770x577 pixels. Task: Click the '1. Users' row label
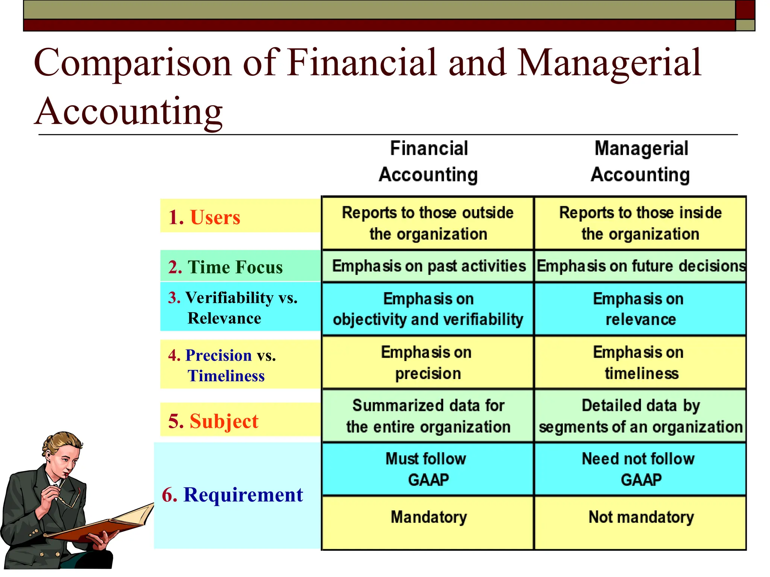point(204,217)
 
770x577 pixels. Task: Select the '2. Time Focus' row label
point(225,267)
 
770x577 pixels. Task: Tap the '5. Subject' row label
point(213,421)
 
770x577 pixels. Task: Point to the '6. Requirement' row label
point(232,494)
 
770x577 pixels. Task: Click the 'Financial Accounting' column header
point(429,162)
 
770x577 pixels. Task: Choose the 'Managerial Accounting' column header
point(641,162)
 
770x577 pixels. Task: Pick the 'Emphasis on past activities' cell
point(429,266)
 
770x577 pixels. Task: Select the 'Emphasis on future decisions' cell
point(641,266)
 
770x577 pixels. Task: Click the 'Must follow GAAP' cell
point(428,469)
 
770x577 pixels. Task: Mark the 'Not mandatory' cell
point(641,517)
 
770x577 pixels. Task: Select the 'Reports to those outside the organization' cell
point(428,223)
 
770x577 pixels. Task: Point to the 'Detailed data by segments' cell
point(641,416)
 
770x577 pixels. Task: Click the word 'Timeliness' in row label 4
point(226,376)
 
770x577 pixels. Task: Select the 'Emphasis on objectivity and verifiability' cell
point(428,309)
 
